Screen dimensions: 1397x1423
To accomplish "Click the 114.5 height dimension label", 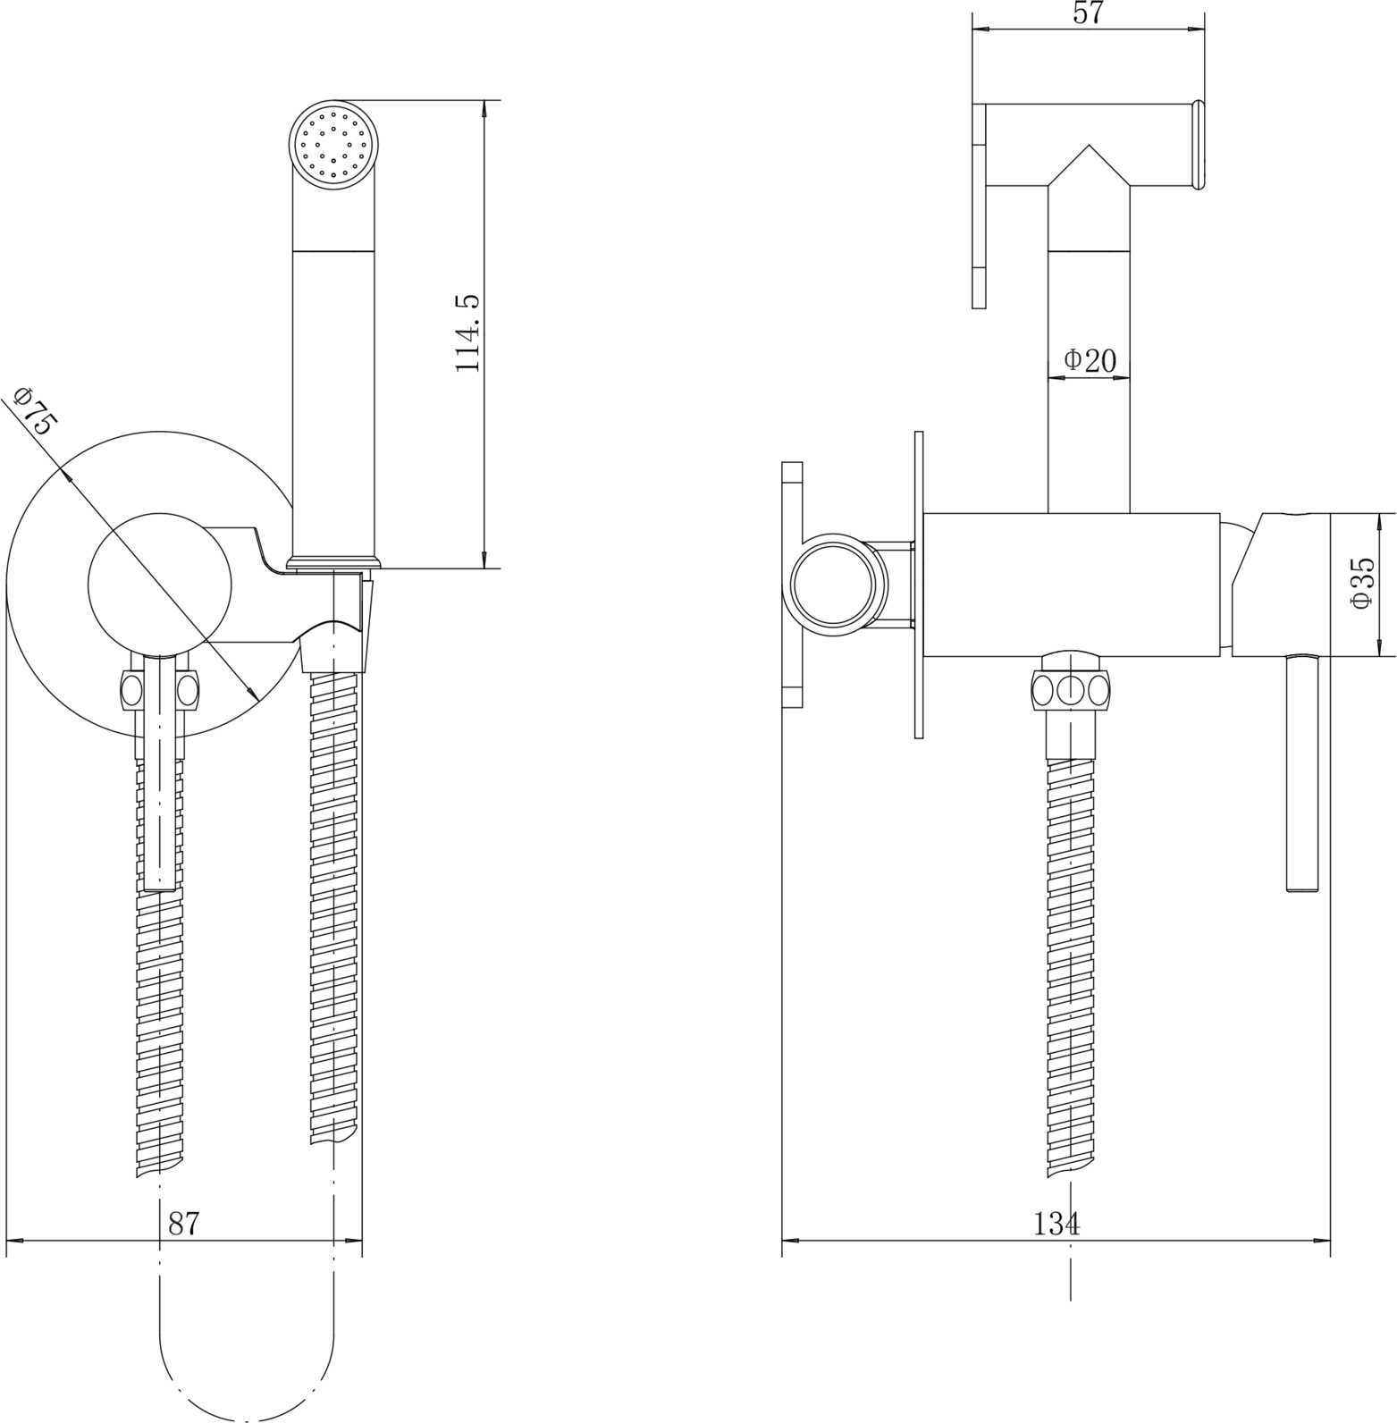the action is (x=468, y=333).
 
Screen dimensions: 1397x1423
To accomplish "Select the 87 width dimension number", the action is (x=183, y=1223).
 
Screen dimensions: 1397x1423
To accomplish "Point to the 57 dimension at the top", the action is (x=1088, y=13).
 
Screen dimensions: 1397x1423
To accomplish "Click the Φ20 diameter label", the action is (x=1090, y=360).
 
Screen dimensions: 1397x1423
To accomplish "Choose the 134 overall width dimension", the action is (x=1056, y=1224).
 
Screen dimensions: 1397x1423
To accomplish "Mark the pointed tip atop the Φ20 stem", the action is (x=1089, y=145).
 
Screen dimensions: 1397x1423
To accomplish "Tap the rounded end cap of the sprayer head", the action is (x=1199, y=146).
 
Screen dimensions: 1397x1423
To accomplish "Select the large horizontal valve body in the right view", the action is (x=1071, y=585).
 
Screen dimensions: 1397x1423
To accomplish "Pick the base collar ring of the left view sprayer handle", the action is (x=335, y=562).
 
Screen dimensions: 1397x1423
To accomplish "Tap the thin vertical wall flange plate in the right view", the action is (x=918, y=585).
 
